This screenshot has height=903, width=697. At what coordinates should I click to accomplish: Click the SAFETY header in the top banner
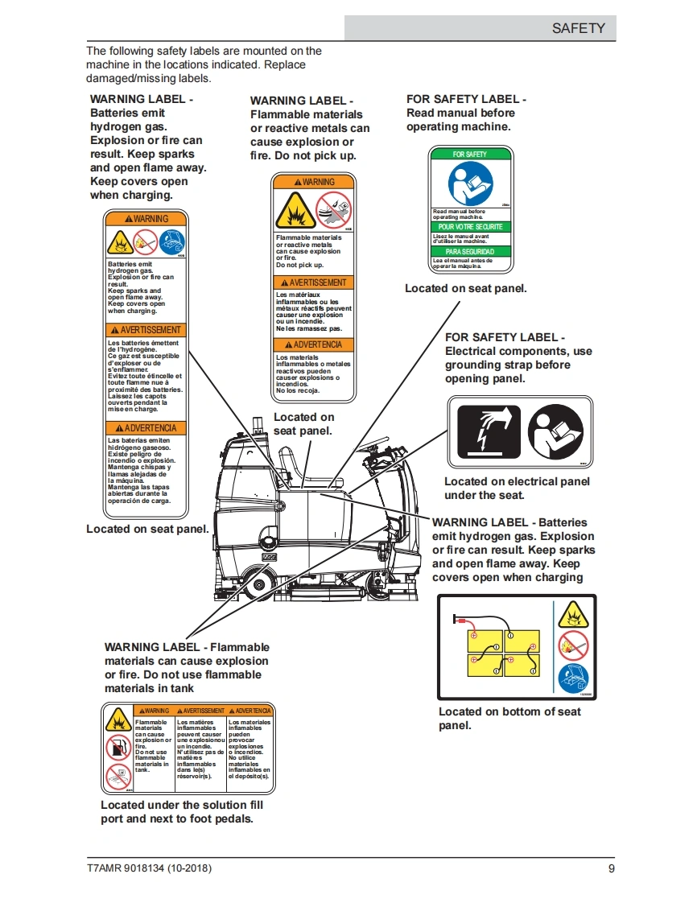click(577, 28)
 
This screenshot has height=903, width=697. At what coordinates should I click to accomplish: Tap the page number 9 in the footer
click(611, 869)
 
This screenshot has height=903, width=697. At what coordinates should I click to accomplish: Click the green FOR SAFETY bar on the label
click(470, 154)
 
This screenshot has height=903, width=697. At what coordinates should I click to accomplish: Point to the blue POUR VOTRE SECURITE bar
click(470, 227)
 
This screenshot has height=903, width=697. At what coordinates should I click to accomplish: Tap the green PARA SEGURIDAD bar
click(470, 252)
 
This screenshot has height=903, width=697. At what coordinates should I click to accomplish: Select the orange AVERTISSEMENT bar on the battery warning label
click(146, 330)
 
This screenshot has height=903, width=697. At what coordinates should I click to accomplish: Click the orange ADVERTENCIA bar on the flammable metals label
click(313, 344)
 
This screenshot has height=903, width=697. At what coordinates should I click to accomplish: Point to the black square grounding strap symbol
click(489, 432)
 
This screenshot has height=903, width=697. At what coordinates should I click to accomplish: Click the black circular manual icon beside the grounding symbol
click(555, 432)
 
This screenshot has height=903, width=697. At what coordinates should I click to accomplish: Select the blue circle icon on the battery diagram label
click(573, 676)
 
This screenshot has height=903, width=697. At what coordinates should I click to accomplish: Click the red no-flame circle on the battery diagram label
click(573, 645)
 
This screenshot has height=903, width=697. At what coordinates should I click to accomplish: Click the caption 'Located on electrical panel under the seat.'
click(517, 489)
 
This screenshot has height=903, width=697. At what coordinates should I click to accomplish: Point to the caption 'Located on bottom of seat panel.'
click(509, 719)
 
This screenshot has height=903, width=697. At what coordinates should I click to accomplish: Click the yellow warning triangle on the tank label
click(118, 719)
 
